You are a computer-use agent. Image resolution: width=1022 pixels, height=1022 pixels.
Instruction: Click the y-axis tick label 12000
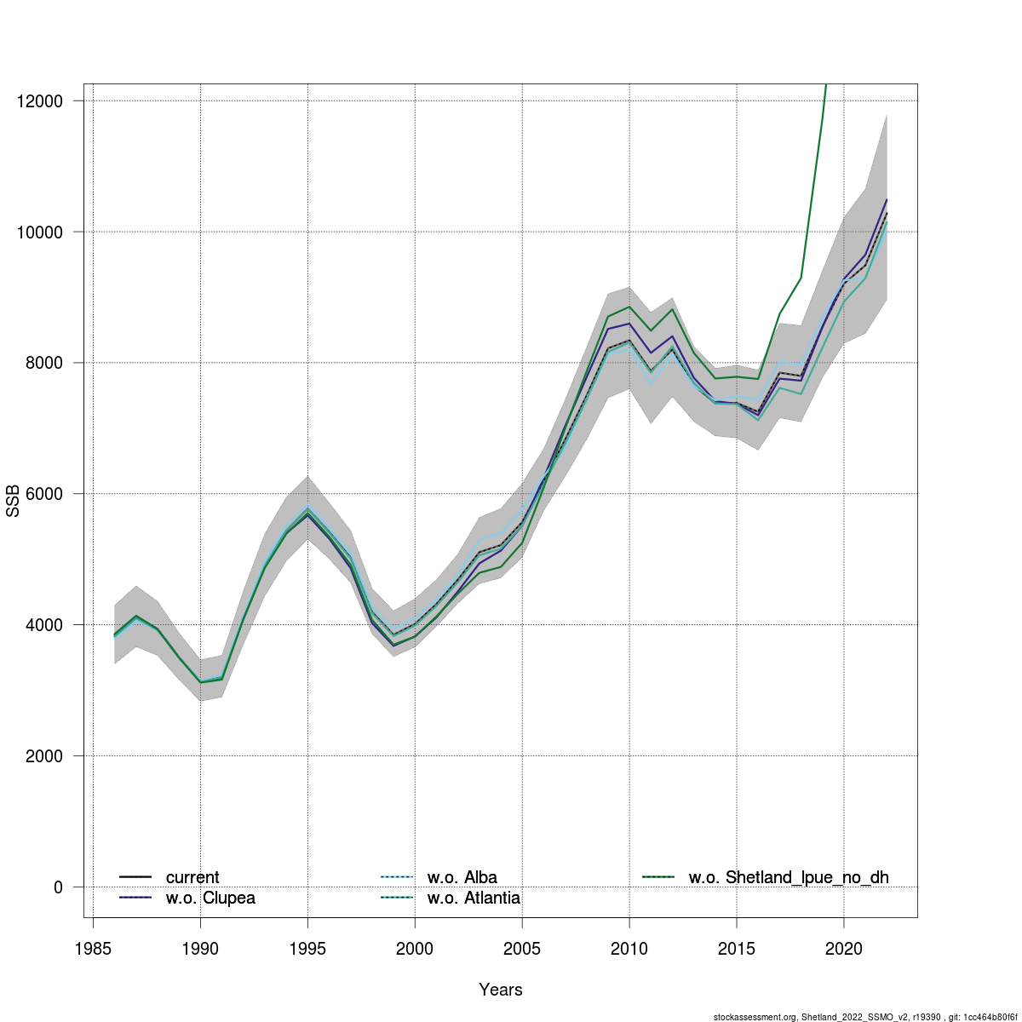[x=40, y=101]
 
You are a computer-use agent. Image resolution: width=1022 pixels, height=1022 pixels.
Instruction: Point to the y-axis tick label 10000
[x=40, y=233]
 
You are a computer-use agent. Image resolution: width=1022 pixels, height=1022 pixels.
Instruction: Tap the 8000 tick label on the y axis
[x=45, y=364]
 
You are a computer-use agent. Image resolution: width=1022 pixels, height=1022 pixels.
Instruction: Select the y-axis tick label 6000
[x=45, y=494]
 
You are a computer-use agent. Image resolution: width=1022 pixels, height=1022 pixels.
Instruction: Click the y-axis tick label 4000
[x=45, y=625]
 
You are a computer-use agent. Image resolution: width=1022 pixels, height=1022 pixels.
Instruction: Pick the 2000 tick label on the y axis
[x=45, y=756]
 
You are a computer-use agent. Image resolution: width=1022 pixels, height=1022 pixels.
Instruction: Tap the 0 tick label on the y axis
[x=58, y=887]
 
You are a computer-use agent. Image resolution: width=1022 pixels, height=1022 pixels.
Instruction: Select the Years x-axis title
[x=501, y=990]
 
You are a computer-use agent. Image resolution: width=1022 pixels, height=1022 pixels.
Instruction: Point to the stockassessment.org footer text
[x=865, y=1016]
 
